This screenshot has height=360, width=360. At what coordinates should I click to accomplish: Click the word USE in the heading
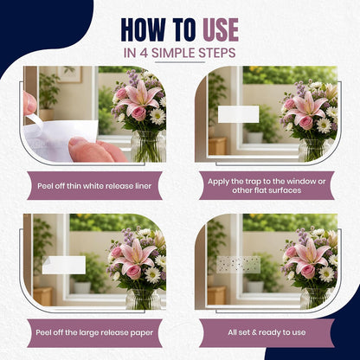pos(221,29)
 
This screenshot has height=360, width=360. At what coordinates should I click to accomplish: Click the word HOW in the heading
pos(143,29)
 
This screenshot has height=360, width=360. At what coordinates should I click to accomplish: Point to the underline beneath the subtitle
pos(180,62)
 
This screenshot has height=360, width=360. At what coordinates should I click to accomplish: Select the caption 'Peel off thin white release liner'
pos(94,186)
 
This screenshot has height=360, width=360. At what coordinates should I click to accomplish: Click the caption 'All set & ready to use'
pos(267,332)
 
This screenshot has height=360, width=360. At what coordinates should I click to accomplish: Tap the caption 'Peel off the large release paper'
pos(94,332)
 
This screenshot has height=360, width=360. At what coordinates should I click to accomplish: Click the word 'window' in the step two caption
pos(299,182)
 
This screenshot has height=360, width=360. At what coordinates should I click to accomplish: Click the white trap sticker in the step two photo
pos(238,114)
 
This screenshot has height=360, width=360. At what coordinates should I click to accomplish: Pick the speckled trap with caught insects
pos(239,265)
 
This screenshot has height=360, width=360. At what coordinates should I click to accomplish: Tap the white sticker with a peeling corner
pos(64,265)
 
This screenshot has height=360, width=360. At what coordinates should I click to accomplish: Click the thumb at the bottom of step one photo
pos(89,150)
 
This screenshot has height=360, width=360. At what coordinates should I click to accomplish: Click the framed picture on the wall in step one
pos(69,74)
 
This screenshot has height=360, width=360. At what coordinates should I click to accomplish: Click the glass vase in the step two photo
pos(313,150)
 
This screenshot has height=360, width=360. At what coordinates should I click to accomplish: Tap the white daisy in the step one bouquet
pos(157,116)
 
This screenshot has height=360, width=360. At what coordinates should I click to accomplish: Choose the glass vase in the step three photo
pos(144,299)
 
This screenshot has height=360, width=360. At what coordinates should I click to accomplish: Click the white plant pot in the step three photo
pos(82,287)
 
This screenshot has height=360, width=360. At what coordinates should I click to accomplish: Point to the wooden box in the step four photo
pos(216,295)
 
